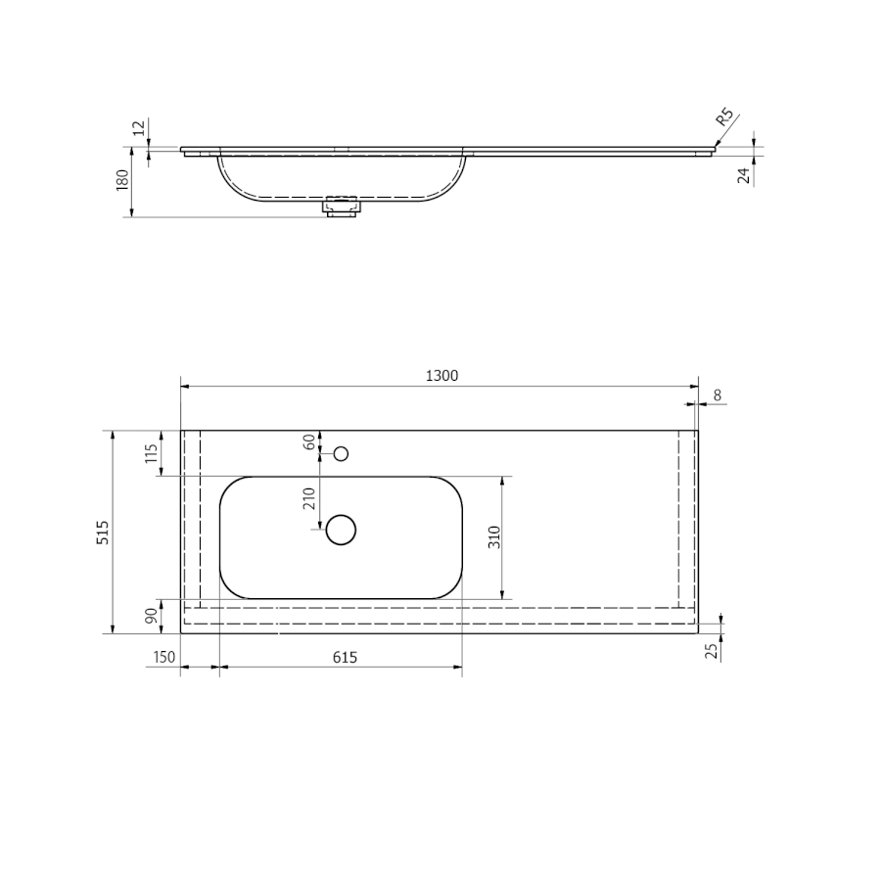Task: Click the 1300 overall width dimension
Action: [441, 375]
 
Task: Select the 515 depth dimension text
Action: [103, 533]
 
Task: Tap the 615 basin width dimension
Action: [345, 657]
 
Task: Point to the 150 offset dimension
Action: [164, 657]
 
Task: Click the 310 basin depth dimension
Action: [494, 537]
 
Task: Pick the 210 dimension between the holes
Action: [309, 498]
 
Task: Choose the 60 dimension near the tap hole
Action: [309, 442]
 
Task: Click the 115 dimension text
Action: [151, 453]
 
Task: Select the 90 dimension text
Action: [151, 616]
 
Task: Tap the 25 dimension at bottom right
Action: [712, 651]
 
